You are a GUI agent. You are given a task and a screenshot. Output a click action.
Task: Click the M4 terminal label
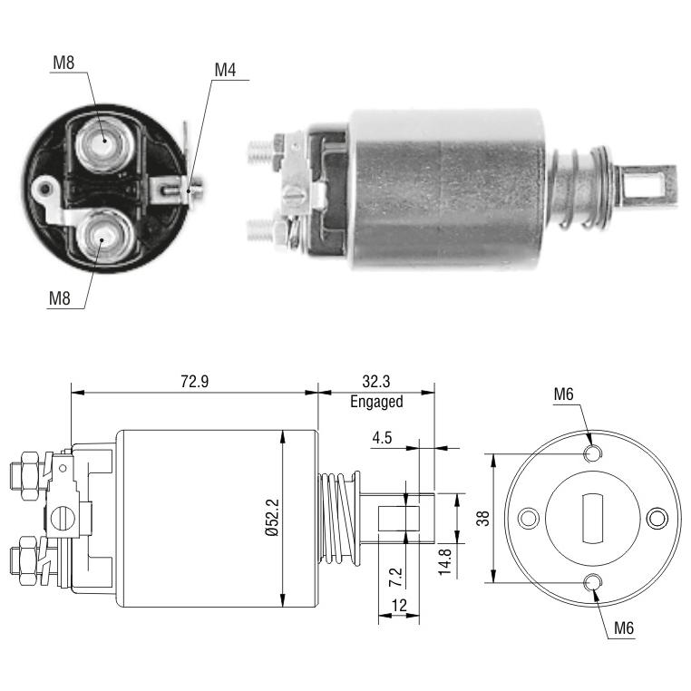click(225, 70)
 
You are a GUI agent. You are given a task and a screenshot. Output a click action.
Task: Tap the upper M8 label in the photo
click(63, 63)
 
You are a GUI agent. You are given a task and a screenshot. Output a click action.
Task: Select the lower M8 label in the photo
click(60, 298)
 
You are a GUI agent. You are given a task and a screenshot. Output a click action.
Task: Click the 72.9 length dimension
click(194, 381)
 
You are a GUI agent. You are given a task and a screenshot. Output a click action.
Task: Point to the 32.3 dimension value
click(376, 381)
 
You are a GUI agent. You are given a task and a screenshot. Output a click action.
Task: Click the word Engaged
click(376, 402)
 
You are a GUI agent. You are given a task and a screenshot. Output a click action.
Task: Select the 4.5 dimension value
click(382, 438)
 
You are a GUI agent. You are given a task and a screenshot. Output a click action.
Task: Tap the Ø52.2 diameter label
click(273, 518)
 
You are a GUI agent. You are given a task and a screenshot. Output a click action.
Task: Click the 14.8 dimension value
click(445, 561)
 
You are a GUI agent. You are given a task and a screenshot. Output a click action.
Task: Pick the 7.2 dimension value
click(395, 577)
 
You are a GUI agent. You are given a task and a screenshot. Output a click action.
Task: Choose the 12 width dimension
click(399, 606)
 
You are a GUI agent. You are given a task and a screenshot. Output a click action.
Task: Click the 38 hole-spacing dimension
click(483, 519)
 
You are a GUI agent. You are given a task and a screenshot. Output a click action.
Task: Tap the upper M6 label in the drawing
click(564, 394)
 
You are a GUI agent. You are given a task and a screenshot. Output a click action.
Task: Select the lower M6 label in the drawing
click(624, 628)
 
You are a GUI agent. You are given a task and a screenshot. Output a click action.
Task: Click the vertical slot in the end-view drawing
click(593, 519)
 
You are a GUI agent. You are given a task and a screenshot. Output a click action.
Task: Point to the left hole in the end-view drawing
click(529, 519)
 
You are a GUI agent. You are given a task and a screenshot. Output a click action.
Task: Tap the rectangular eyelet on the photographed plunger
click(647, 184)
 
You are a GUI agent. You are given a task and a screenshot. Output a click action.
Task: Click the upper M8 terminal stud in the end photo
click(105, 144)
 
